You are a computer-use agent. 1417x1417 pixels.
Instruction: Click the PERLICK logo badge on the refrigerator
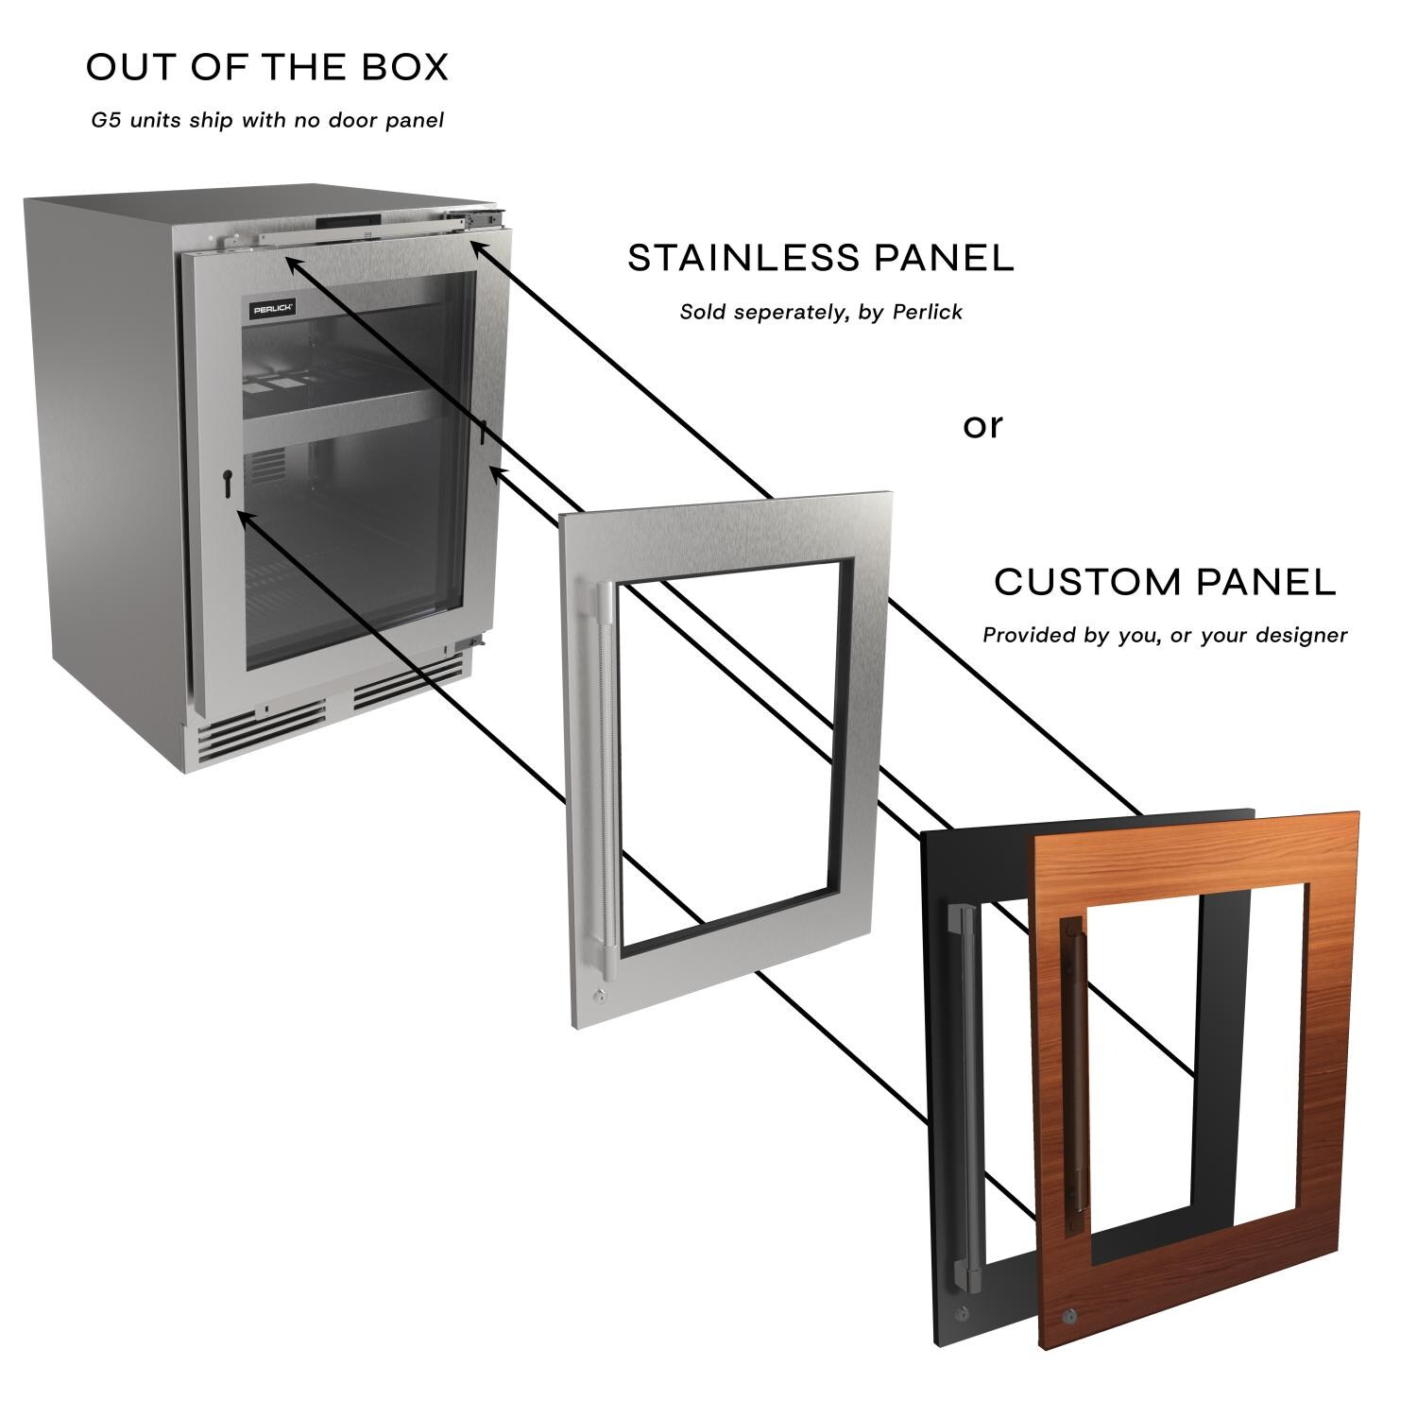tap(272, 308)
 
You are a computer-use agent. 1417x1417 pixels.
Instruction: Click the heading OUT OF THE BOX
tap(267, 68)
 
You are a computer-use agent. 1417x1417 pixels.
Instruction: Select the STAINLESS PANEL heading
tap(821, 258)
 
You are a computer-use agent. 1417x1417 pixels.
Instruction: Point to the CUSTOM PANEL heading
tap(1165, 582)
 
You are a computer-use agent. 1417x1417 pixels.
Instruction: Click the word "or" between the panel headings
tap(982, 426)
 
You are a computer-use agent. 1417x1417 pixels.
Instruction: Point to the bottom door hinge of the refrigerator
tap(465, 644)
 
